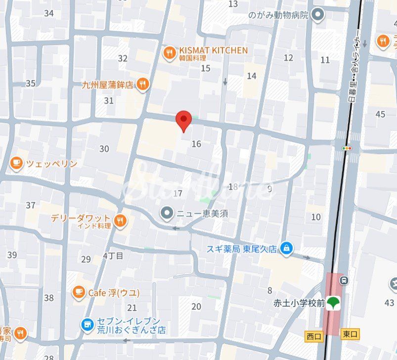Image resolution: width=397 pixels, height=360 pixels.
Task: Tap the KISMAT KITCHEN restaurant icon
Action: pos(170,52)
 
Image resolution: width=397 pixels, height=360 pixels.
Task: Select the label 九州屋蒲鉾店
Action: pos(108,84)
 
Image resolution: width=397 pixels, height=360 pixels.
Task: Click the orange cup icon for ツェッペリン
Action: pos(16,163)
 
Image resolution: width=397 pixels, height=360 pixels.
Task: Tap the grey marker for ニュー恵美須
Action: pos(168,213)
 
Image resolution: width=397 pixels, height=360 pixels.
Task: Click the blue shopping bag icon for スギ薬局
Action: pos(286,249)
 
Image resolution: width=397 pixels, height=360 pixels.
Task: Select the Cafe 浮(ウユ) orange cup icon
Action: pos(79,292)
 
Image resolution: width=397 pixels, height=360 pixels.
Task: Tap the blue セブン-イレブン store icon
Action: pos(87,324)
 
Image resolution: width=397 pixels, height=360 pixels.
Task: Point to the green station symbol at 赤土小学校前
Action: pos(334,303)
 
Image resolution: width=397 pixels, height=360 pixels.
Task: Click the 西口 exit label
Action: pos(314,337)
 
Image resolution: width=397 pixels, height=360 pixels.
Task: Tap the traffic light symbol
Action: pos(348,148)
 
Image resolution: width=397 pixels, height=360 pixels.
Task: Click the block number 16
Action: pos(196,144)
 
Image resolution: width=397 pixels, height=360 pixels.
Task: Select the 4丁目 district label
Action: pos(113,255)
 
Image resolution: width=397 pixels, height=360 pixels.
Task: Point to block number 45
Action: pos(380,114)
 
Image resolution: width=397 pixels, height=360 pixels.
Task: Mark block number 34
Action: pos(48,13)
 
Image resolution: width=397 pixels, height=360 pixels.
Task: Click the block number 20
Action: pos(196,307)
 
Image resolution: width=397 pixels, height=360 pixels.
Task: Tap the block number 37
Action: pos(31,205)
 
